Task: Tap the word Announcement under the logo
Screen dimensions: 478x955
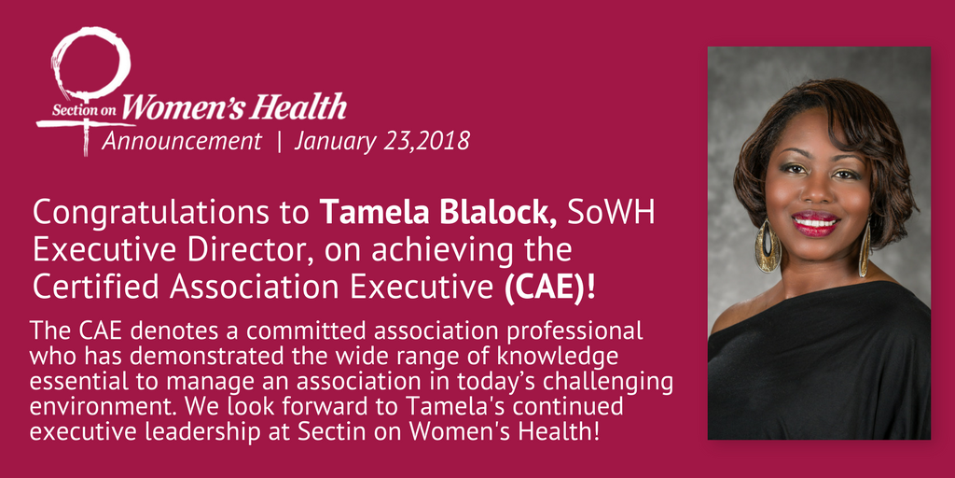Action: click(x=182, y=142)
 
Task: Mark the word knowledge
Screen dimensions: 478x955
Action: click(x=539, y=358)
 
